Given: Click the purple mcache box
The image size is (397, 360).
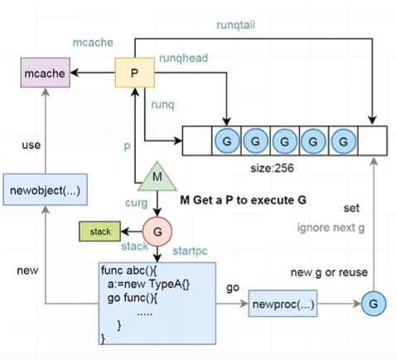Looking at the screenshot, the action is click(x=46, y=73).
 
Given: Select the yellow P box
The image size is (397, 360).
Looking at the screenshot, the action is click(x=134, y=73).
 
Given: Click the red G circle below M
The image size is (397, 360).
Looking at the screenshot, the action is click(x=157, y=231).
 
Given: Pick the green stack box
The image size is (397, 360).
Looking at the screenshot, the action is click(x=99, y=231).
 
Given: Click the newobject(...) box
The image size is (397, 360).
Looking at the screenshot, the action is click(x=46, y=190).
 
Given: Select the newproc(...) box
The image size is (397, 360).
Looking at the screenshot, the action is click(x=283, y=304).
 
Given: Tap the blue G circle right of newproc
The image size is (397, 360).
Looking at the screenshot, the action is click(x=374, y=304).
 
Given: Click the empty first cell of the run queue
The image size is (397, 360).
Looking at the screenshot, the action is click(x=197, y=141).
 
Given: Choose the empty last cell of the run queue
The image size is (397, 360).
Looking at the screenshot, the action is click(x=373, y=141).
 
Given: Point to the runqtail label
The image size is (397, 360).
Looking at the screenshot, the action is click(x=235, y=25).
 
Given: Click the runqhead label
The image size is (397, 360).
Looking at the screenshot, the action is click(x=183, y=58).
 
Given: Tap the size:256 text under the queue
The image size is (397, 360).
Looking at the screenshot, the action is click(x=272, y=168).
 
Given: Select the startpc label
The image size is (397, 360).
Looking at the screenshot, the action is click(x=190, y=251).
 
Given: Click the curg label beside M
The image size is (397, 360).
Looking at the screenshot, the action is click(x=137, y=203).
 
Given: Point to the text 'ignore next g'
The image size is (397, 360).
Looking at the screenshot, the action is click(x=331, y=228).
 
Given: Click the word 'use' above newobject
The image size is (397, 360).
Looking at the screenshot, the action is click(x=31, y=145).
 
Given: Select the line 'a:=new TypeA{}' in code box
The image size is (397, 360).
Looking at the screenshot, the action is click(x=148, y=284).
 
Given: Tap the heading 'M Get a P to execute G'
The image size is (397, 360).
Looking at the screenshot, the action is click(x=243, y=200).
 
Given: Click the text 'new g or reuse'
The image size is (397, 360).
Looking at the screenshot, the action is click(x=329, y=273).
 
